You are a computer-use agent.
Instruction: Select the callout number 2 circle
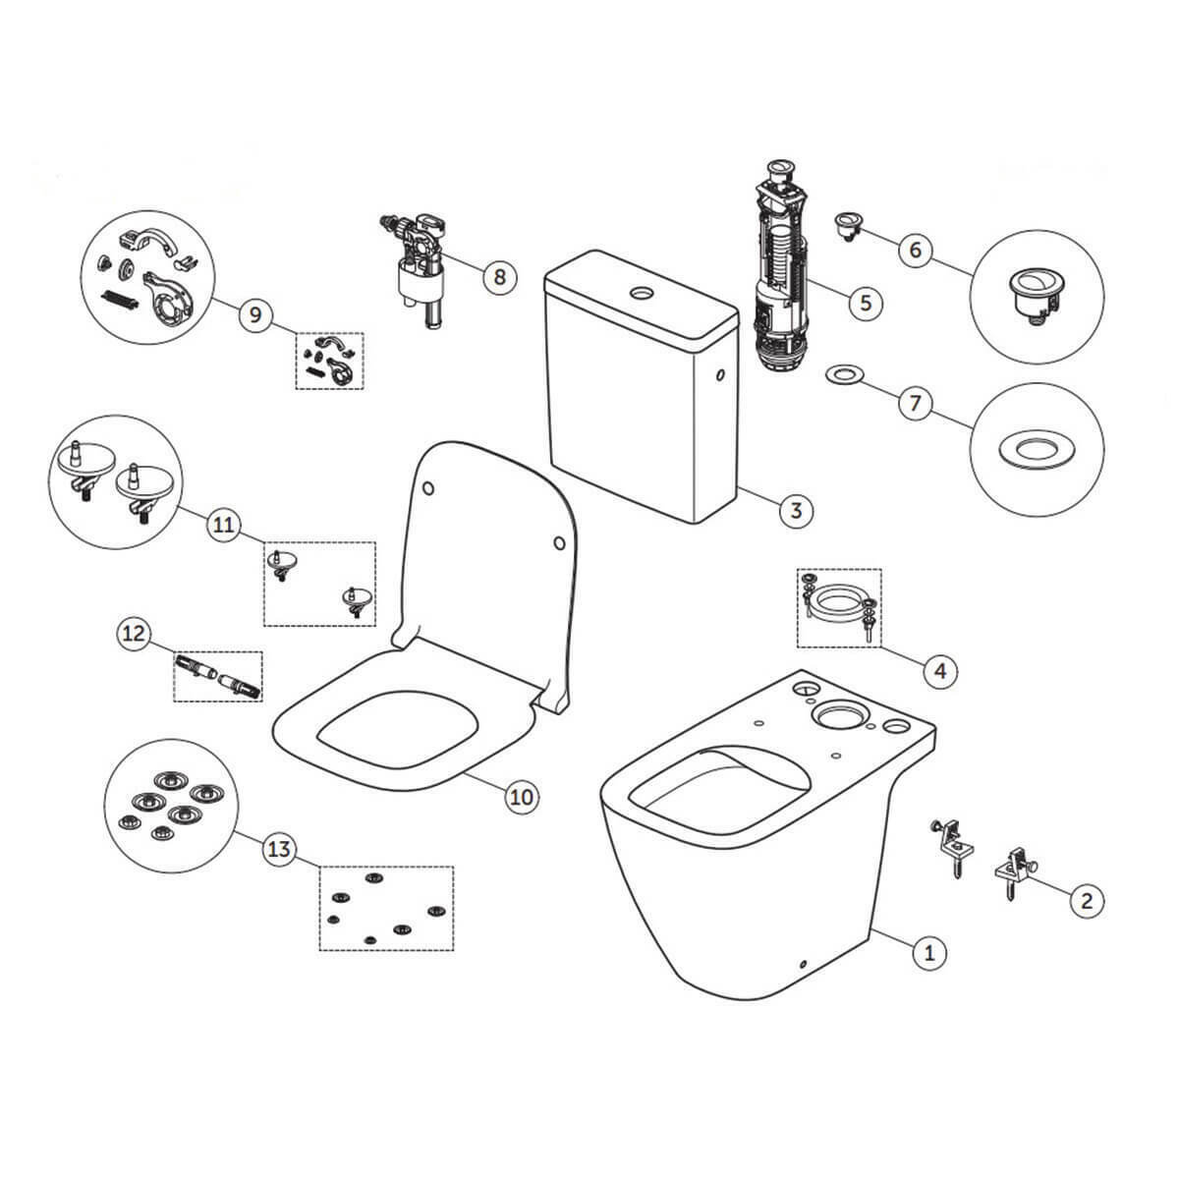[x=1086, y=900]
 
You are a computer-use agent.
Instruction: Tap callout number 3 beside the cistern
[x=796, y=510]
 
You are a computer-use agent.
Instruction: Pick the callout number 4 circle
[x=940, y=671]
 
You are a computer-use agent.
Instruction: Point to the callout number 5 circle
[x=866, y=303]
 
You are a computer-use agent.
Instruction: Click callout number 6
[x=916, y=250]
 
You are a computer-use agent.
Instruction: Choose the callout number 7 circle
[x=915, y=403]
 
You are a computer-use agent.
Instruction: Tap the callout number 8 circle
[x=500, y=277]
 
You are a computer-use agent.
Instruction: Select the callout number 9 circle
[x=255, y=314]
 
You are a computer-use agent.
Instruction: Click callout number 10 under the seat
[x=522, y=797]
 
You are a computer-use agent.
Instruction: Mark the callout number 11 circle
[x=224, y=525]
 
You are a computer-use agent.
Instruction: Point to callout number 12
[x=134, y=634]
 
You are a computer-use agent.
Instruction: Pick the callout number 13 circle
[x=279, y=849]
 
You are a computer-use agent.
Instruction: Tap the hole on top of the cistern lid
[x=642, y=293]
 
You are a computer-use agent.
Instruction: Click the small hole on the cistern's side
[x=720, y=375]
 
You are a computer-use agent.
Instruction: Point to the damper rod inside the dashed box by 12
[x=218, y=677]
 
